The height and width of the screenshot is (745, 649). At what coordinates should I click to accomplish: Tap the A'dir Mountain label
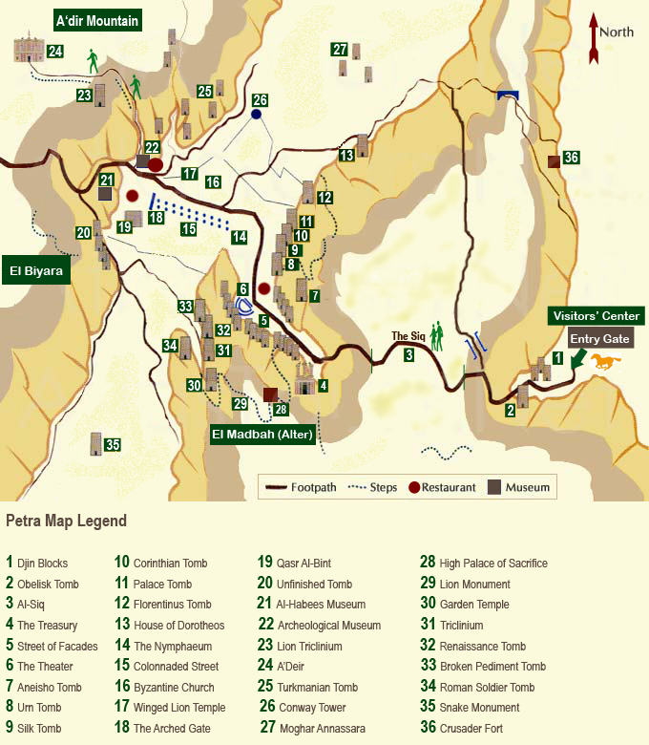pos(97,20)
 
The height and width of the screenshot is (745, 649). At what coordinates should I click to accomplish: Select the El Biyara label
pos(36,271)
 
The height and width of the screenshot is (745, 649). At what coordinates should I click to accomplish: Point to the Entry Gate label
pos(600,338)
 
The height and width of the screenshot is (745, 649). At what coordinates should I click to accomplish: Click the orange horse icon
pos(605,360)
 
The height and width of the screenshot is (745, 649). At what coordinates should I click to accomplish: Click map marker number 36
pos(571,158)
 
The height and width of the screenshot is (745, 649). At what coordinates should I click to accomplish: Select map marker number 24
pos(55,52)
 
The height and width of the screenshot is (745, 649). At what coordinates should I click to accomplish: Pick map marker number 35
pos(113,444)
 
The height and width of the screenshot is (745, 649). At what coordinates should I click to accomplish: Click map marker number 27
pos(340,50)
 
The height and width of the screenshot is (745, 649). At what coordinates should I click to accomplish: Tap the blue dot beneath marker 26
pos(256,115)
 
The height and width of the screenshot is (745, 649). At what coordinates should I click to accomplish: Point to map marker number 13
pos(347,154)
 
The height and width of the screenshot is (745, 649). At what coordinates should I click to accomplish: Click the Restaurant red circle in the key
pos(415,487)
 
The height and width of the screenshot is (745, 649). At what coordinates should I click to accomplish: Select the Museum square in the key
pos(494,487)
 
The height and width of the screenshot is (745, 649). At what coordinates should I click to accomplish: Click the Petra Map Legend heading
pos(66,521)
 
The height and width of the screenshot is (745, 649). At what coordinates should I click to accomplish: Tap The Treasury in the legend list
pos(47,626)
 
